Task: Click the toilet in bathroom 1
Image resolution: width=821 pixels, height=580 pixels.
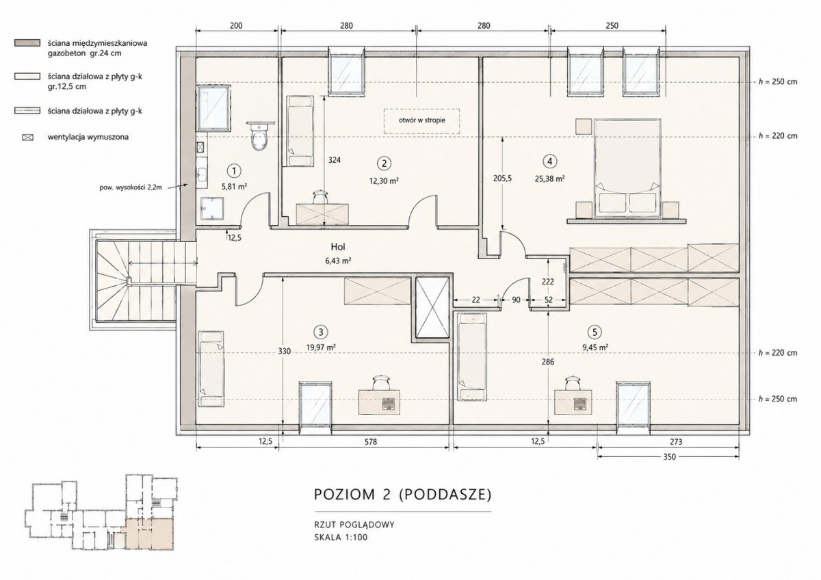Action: click(x=260, y=137)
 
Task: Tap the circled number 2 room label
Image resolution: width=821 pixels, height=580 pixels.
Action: click(x=384, y=163)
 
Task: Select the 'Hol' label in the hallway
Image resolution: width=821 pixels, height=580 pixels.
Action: click(x=337, y=247)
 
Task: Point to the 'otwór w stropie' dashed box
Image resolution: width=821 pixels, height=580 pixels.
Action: click(x=422, y=121)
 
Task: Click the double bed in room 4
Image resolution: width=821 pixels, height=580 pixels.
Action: click(x=627, y=168)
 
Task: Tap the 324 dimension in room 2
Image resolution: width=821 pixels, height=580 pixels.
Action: click(x=335, y=160)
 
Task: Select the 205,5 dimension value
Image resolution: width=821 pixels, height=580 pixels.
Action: click(x=502, y=179)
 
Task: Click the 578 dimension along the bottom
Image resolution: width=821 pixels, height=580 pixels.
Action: click(x=371, y=442)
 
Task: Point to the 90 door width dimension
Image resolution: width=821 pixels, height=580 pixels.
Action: click(x=516, y=300)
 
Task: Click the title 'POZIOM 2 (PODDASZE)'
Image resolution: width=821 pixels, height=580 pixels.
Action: click(x=402, y=495)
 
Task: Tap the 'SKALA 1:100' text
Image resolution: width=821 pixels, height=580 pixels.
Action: click(x=341, y=538)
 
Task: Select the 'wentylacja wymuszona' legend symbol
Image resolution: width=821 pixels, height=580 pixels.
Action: click(x=28, y=137)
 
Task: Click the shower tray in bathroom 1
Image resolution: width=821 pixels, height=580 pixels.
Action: click(x=212, y=209)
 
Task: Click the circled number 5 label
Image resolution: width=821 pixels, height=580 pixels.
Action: click(x=595, y=332)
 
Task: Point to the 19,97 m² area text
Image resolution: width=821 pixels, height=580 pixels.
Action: click(x=322, y=347)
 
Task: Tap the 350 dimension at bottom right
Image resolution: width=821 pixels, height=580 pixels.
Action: click(x=669, y=456)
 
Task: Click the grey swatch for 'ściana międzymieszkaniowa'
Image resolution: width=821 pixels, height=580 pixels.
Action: click(x=27, y=43)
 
